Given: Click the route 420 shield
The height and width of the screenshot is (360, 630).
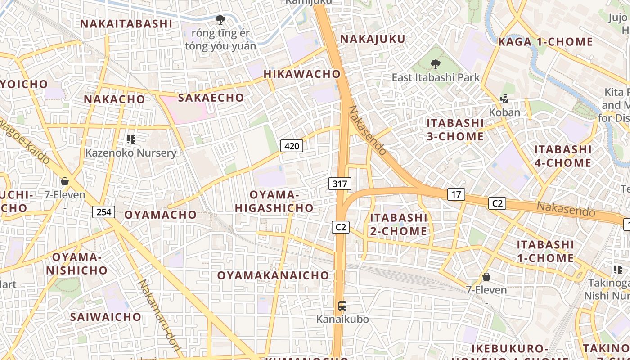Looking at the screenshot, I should click(x=292, y=146).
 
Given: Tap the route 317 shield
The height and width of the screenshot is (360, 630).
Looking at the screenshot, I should click(x=340, y=184).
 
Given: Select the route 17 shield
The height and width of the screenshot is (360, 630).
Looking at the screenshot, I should click(x=456, y=194).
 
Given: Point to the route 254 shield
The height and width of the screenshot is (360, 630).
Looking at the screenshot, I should click(x=104, y=211).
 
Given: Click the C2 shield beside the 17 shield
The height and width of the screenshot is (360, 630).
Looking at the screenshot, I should click(x=497, y=203).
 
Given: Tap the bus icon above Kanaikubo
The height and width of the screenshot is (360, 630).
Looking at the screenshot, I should click(x=342, y=306).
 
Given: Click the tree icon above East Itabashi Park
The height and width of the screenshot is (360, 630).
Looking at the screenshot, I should click(x=435, y=64).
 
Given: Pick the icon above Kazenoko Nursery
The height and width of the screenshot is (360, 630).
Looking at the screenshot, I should click(x=131, y=139).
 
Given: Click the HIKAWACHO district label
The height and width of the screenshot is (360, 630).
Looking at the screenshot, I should click(x=302, y=74).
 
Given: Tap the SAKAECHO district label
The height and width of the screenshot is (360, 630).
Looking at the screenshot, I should click(x=211, y=98).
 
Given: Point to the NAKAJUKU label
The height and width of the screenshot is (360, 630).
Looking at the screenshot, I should click(x=373, y=39).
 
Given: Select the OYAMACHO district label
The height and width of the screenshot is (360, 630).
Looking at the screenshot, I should click(x=161, y=215).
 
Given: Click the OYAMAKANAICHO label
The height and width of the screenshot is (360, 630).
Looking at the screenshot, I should click(x=274, y=275).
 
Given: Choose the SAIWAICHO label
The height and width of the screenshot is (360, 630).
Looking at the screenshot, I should click(x=106, y=317).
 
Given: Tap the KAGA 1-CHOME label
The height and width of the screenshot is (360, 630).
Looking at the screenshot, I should click(x=545, y=42).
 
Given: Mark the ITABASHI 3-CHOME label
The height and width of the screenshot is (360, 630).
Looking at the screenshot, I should click(x=455, y=130).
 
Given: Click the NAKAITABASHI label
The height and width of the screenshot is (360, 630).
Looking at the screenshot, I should click(x=126, y=24).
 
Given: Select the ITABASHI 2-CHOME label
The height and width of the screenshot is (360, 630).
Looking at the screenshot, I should click(x=398, y=225).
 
